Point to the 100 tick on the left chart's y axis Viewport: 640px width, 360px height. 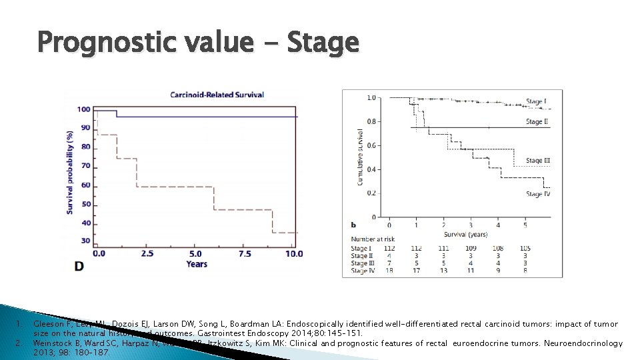tap(85, 109)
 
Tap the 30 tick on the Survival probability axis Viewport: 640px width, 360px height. tap(86, 241)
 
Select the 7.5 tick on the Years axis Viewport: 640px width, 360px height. tap(246, 254)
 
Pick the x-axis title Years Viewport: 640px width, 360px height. tap(197, 264)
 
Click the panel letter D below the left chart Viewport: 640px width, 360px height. tap(79, 266)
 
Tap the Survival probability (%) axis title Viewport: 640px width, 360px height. tap(69, 171)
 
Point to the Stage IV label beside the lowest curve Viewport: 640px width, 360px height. tap(538, 194)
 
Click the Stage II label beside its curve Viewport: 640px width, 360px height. tap(537, 122)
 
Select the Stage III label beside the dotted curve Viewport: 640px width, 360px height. tap(538, 161)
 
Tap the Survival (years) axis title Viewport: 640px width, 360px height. tap(465, 234)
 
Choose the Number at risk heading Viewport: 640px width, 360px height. tap(373, 239)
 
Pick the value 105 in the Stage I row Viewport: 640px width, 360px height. tap(525, 248)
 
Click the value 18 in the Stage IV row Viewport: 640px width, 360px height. tap(389, 271)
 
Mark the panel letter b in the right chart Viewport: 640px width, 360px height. tap(353, 225)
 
